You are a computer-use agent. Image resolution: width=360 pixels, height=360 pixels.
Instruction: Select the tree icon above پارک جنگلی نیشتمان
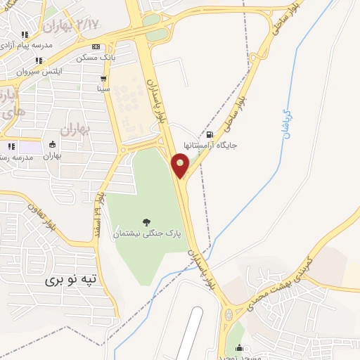coord(146,223)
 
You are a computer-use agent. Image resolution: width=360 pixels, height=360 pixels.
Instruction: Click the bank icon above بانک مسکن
coord(105,47)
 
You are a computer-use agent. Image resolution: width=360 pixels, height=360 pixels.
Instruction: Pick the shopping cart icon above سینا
coord(104,79)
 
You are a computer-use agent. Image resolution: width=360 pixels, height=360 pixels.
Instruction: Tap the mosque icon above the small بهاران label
coord(51,145)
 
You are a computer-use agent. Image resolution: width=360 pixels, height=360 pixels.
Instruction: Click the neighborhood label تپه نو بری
coord(70,279)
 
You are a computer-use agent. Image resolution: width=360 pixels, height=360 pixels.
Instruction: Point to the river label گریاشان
coord(285,124)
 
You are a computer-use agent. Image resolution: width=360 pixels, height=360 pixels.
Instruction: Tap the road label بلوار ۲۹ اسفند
coord(99,214)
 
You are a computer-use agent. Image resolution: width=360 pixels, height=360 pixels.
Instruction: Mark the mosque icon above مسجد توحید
coord(239,347)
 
